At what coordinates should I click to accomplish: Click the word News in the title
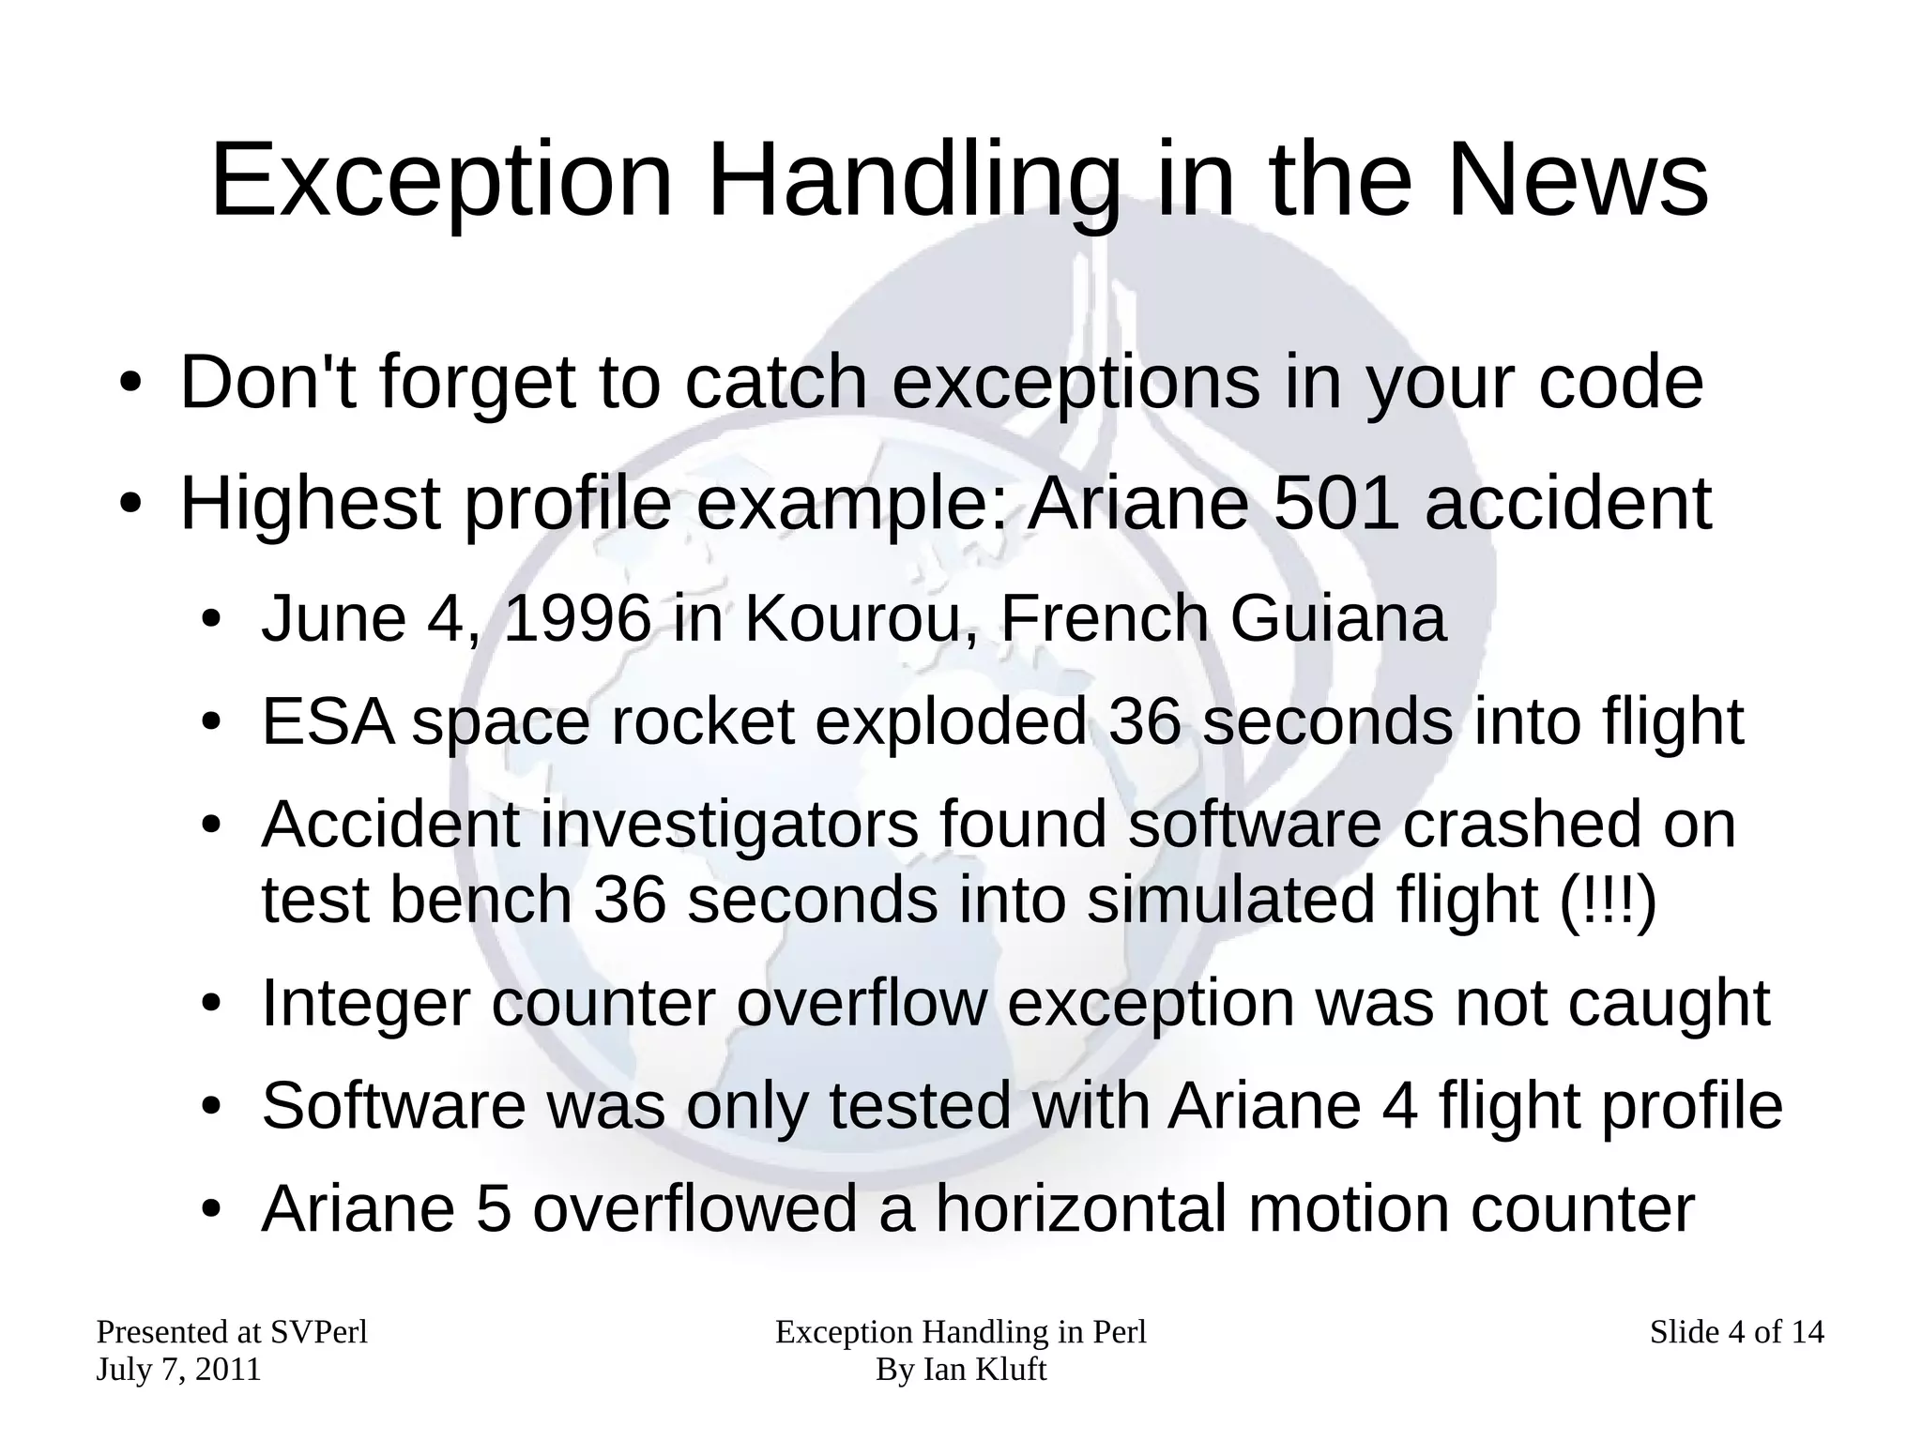pos(1577,180)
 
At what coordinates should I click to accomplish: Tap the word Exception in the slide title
pos(442,180)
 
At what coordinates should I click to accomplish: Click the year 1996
pos(577,619)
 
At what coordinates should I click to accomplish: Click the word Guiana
pos(1337,619)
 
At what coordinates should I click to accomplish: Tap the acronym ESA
pos(328,721)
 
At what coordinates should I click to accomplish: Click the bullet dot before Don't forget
pos(130,386)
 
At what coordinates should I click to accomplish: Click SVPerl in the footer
pos(318,1332)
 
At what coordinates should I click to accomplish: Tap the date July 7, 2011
pos(178,1370)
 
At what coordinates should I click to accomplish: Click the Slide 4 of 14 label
pos(1736,1332)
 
